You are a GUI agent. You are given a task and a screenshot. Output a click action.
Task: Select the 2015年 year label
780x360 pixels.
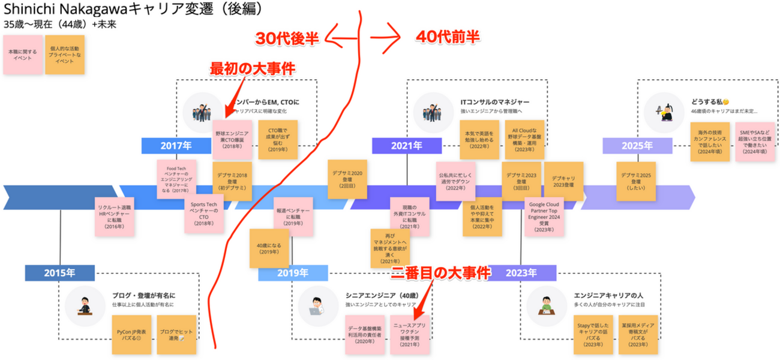coord(59,272)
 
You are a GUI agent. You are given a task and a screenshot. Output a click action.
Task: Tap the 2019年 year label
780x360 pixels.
coord(293,273)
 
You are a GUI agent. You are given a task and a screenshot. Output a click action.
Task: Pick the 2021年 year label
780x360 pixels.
coord(407,145)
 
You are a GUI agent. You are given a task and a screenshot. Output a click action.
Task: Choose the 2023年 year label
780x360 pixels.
coord(521,273)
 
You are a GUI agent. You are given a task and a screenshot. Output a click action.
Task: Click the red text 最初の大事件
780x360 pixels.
coord(252,68)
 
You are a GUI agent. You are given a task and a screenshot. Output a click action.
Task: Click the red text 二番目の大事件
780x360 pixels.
coord(441,273)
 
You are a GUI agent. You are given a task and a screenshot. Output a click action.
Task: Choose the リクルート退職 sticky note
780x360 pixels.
coord(115,218)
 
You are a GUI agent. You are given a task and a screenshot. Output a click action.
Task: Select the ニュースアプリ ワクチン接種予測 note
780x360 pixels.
coord(410,335)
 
